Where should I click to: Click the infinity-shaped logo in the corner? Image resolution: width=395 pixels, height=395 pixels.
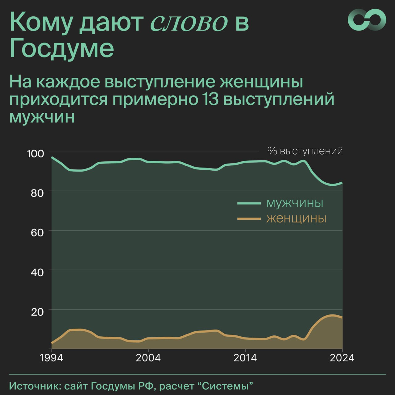[x=367, y=19]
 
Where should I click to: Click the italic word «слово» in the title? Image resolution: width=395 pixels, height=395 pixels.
[x=189, y=22]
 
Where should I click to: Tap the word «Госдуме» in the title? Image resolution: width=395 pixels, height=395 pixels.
[x=62, y=48]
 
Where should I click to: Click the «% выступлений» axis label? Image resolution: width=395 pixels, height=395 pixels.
[x=305, y=151]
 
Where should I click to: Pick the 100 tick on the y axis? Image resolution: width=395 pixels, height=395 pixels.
[x=35, y=153]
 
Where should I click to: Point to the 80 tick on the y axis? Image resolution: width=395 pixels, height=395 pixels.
[x=37, y=193]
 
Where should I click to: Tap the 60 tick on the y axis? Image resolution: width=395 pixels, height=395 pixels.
[x=37, y=232]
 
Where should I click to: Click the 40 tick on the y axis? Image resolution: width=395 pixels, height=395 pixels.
[x=37, y=272]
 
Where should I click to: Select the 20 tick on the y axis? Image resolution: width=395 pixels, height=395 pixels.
[x=37, y=311]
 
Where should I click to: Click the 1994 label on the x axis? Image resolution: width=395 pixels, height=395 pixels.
[x=51, y=358]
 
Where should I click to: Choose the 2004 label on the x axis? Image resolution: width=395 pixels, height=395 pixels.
[x=148, y=358]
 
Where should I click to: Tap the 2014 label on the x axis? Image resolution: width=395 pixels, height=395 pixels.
[x=245, y=358]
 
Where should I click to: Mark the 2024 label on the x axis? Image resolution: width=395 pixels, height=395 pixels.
[x=342, y=358]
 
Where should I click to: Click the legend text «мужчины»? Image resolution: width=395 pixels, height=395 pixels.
[x=295, y=203]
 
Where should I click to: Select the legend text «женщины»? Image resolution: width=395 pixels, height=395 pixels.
[x=296, y=218]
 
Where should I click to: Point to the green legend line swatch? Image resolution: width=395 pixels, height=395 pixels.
[x=249, y=203]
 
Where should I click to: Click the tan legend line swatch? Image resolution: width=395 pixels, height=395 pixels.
[x=249, y=218]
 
